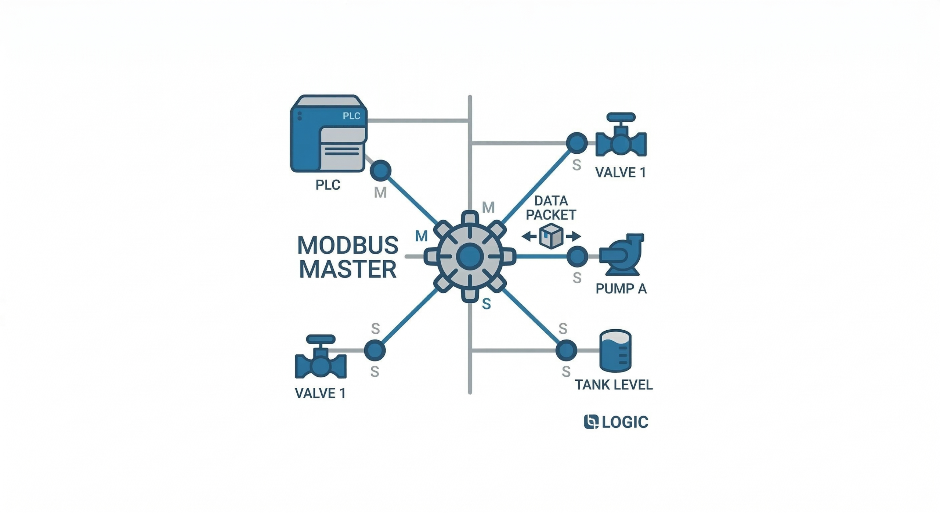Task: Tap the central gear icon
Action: point(470,256)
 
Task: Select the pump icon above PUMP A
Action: point(621,254)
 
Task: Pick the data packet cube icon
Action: point(551,236)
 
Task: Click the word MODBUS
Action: point(348,245)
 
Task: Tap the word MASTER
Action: point(348,269)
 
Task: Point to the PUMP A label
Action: point(621,289)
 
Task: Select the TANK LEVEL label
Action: point(614,385)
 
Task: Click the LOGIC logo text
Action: point(625,422)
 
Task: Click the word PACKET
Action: point(551,215)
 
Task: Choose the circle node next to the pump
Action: point(577,256)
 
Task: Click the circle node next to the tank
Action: point(566,350)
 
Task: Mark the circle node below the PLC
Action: point(380,171)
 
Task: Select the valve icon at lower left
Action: point(321,358)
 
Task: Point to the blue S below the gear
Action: point(487,304)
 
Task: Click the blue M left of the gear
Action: point(421,236)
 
